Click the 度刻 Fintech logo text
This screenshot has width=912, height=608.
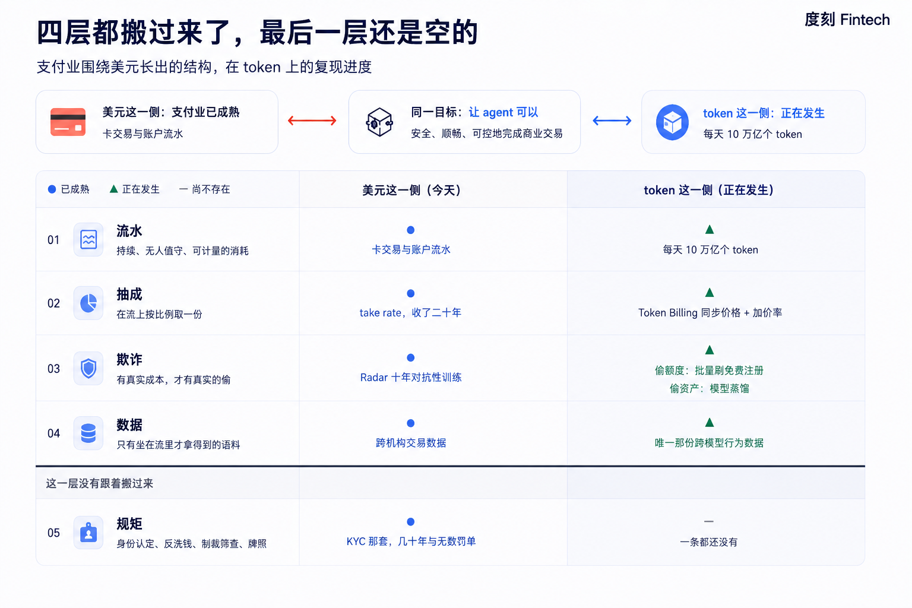tap(847, 20)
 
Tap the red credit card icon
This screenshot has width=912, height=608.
tap(68, 122)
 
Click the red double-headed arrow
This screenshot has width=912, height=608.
tap(312, 121)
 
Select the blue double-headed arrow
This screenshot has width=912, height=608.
tap(612, 121)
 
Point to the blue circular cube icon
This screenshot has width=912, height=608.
tap(672, 122)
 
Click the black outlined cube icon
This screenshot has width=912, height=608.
tap(379, 122)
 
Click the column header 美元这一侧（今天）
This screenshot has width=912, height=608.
tap(411, 190)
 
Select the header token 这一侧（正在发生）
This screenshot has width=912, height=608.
tap(709, 190)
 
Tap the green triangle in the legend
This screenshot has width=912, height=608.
tap(114, 189)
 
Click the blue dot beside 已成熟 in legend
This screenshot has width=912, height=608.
tap(52, 189)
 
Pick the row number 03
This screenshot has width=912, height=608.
tap(54, 369)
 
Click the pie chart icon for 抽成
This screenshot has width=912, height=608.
tap(88, 303)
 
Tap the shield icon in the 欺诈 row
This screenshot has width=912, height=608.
tap(88, 369)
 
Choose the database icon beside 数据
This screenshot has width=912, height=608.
tap(88, 433)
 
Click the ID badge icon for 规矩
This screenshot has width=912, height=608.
tap(88, 532)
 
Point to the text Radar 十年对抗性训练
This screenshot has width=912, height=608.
tap(411, 378)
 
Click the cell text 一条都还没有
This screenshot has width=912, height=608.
tap(709, 542)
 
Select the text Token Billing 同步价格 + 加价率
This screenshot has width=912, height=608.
tap(710, 313)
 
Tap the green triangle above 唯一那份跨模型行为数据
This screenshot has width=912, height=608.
tap(710, 422)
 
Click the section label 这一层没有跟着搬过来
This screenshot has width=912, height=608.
tap(100, 483)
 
